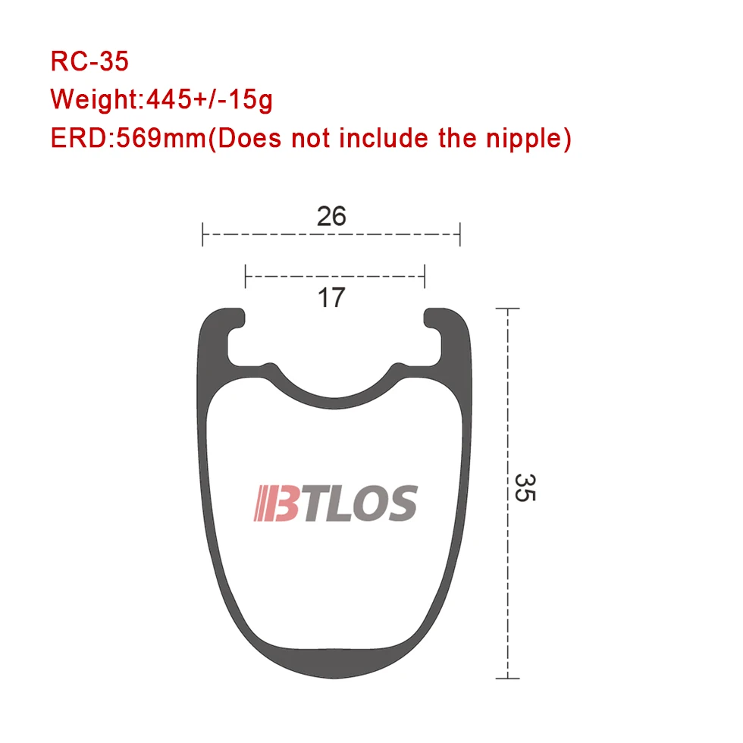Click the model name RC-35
(89, 61)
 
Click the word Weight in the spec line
(94, 100)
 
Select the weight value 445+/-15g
(209, 100)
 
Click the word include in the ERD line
(383, 138)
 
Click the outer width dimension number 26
(331, 216)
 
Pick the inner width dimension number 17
(331, 297)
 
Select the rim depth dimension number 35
(525, 487)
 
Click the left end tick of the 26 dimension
(202, 234)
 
